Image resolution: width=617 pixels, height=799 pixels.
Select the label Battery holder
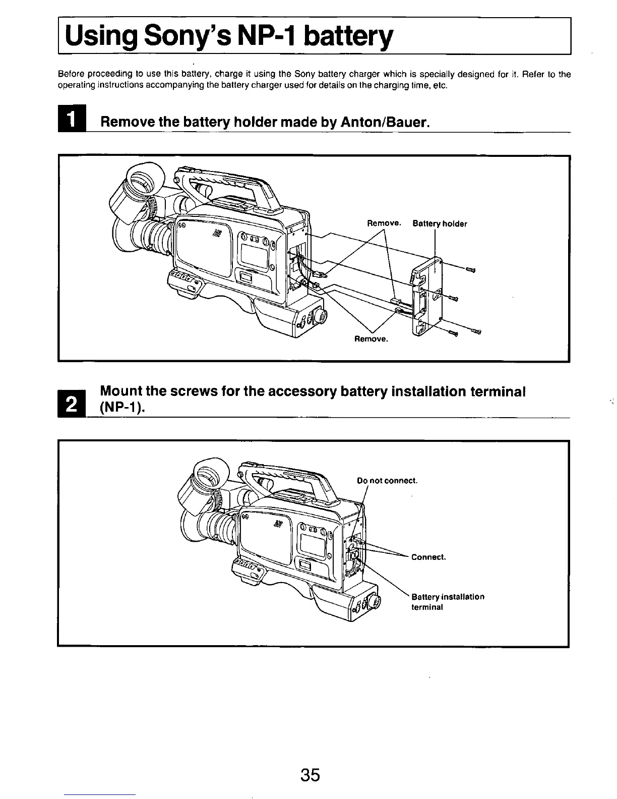click(x=440, y=224)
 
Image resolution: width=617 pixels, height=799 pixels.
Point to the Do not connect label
click(x=387, y=481)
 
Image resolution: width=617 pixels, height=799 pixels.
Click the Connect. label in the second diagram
click(x=428, y=557)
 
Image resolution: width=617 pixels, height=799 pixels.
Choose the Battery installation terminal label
click(x=448, y=602)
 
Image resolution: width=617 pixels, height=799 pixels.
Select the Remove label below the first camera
click(x=372, y=339)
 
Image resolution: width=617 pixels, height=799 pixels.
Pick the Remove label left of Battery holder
click(x=384, y=223)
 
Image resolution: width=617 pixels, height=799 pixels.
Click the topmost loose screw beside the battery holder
click(x=471, y=271)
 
